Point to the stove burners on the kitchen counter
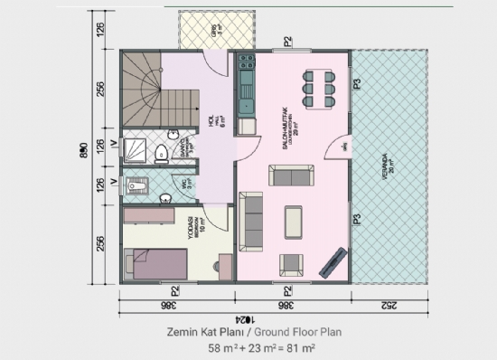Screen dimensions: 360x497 tap(244, 66)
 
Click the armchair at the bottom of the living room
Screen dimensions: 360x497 tap(292, 264)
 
